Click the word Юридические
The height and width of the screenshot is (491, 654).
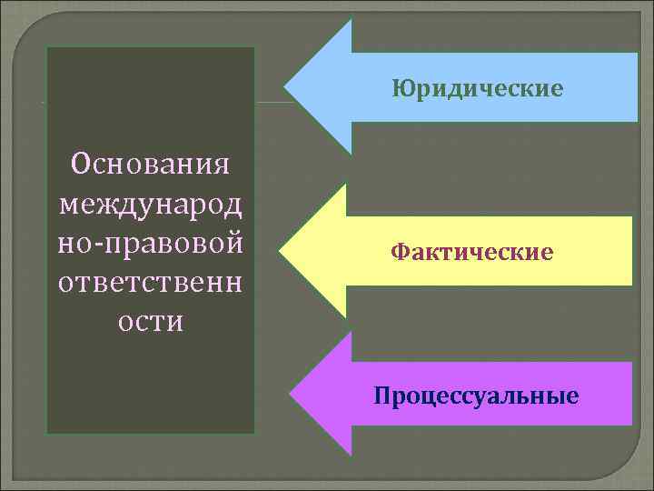[x=478, y=89]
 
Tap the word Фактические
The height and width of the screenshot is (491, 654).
[x=471, y=251]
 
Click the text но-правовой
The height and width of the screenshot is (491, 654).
[x=150, y=243]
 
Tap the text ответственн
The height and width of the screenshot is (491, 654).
[x=150, y=282]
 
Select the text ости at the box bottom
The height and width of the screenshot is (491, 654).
[x=150, y=321]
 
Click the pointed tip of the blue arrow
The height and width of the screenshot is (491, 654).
[x=285, y=88]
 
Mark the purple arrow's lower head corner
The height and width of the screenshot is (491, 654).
[x=350, y=454]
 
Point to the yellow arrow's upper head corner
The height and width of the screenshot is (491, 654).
[x=346, y=185]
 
